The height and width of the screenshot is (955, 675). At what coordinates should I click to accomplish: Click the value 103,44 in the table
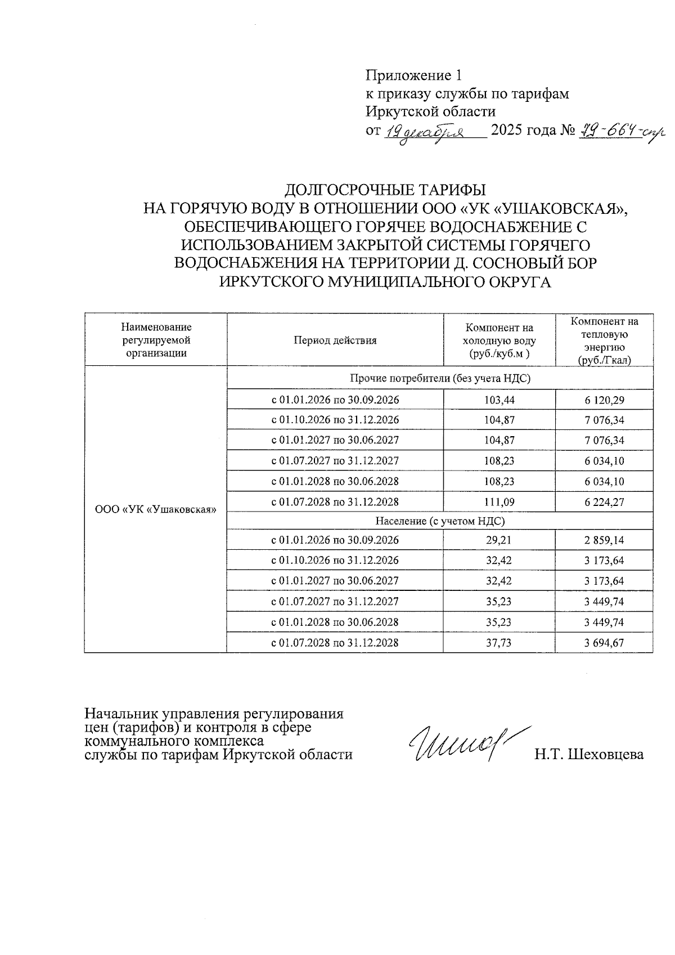point(499,400)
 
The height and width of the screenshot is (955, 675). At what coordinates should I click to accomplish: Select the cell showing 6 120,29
point(604,400)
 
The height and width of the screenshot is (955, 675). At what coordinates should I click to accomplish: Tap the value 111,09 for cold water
point(499,502)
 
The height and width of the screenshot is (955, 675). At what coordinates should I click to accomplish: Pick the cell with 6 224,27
point(604,502)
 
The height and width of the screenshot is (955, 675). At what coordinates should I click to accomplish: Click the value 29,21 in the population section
point(499,540)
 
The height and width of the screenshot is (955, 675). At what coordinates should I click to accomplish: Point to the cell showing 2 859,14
point(604,540)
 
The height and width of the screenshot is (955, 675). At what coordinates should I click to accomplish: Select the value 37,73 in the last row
point(499,642)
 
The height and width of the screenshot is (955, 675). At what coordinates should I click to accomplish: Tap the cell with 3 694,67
point(604,642)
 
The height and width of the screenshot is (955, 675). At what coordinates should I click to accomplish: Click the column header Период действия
point(335,340)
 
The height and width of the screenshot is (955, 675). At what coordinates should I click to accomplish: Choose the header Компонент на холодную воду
point(499,340)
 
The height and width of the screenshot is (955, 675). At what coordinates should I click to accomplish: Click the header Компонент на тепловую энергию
point(604,340)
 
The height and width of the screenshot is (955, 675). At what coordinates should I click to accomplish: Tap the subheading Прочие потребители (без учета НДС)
point(440,378)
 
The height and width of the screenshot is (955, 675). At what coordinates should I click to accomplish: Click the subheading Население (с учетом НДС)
point(440,521)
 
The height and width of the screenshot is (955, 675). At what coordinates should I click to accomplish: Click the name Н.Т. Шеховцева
point(589,755)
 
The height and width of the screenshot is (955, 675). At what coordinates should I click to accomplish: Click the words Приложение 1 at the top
point(414,75)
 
